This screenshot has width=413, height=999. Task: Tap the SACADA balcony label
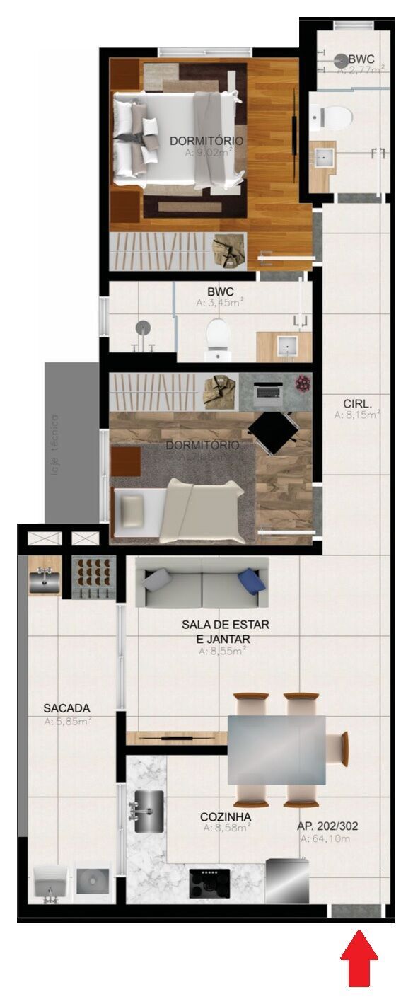[66, 708]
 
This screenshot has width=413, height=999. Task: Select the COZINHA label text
[226, 816]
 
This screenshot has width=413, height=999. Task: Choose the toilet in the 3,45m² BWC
[218, 337]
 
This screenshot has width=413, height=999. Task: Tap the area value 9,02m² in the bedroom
[209, 151]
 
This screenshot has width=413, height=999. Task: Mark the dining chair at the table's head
[344, 748]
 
